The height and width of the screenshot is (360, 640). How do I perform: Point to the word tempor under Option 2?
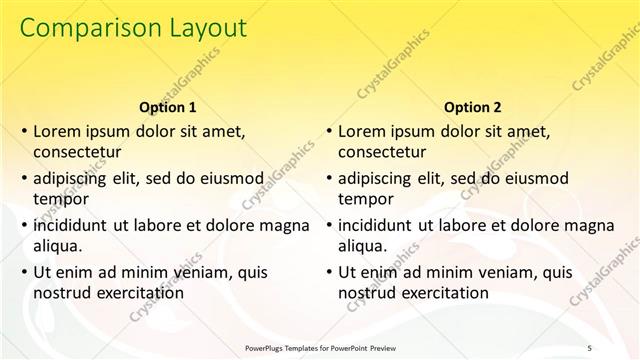pyautogui.click(x=366, y=199)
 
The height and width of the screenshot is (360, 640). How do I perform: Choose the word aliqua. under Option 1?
pyautogui.click(x=58, y=246)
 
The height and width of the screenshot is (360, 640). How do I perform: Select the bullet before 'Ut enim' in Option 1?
pyautogui.click(x=23, y=272)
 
